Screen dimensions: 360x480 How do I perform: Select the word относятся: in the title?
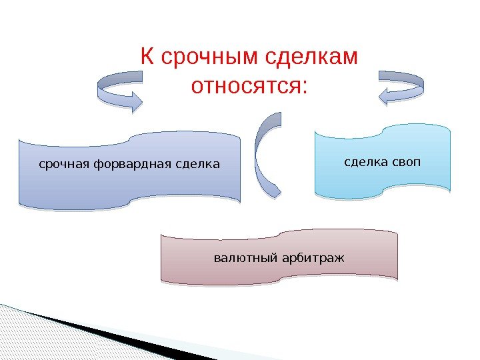click(x=250, y=86)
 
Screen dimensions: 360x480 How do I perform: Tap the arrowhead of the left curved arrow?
click(x=135, y=101)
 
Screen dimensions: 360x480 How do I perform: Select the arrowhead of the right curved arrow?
click(x=386, y=97)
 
